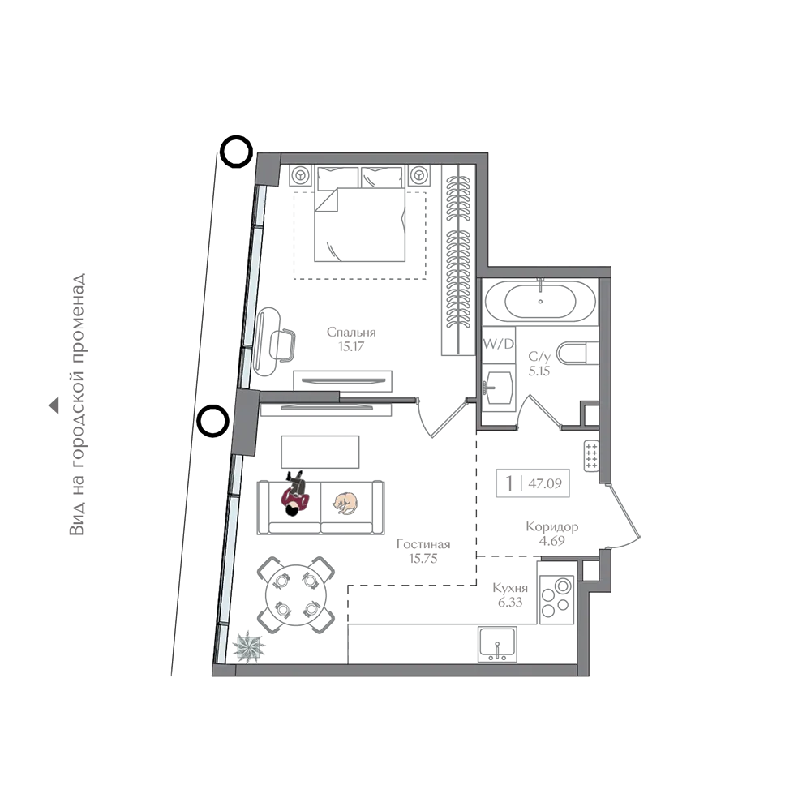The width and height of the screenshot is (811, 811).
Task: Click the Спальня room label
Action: coord(351,332)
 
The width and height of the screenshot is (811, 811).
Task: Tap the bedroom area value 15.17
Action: coord(351,346)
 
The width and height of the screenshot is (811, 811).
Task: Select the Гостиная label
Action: coord(423,544)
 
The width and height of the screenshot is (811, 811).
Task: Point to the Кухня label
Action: coord(510,588)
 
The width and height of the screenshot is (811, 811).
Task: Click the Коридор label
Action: coord(551,527)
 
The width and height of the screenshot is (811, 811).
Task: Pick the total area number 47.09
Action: coord(545,483)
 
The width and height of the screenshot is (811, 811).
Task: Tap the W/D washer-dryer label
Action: coord(498,343)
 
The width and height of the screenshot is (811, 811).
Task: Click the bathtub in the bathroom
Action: coord(540,302)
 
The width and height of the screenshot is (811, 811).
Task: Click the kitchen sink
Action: coord(497,644)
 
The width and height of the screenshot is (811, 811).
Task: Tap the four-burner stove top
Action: coord(556,599)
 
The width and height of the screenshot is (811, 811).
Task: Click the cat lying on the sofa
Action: coord(345,503)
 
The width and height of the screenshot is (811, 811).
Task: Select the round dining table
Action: coord(296,594)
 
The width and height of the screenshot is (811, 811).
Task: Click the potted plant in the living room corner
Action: coord(249,646)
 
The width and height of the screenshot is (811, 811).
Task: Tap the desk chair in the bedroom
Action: coord(283,345)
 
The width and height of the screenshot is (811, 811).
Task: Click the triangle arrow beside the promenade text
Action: coord(54,405)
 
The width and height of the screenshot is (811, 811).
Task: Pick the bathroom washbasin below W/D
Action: coord(497,387)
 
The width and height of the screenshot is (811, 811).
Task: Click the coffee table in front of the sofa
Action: coord(320,452)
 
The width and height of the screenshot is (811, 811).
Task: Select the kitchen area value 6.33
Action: coord(510,602)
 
